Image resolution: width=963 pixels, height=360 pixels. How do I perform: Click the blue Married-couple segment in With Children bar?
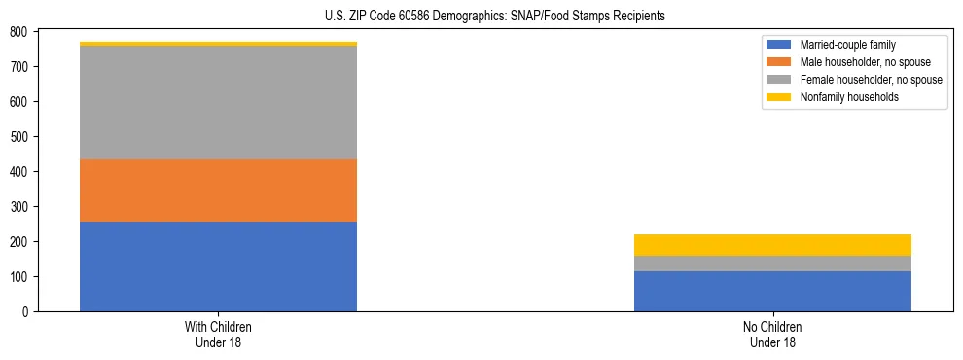(218, 267)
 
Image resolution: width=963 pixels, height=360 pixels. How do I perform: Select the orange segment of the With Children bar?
(218, 190)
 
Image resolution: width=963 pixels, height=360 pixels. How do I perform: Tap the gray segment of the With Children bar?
(218, 102)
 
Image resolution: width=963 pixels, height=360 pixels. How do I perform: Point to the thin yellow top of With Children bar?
(218, 44)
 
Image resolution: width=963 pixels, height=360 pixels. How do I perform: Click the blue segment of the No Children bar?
(772, 291)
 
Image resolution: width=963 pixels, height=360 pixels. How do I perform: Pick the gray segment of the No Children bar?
(772, 264)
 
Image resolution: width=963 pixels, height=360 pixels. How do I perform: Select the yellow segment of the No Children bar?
(772, 245)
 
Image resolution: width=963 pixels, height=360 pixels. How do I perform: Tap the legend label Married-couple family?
(847, 45)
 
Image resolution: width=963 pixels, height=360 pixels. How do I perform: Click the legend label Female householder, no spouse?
(871, 80)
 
